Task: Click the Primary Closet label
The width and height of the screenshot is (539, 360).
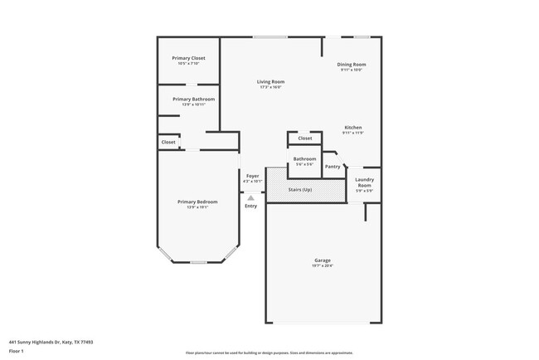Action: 188,58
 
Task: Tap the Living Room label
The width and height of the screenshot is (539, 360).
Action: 270,81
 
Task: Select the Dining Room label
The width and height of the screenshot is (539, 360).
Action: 352,64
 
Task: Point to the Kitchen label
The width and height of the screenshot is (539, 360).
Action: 354,127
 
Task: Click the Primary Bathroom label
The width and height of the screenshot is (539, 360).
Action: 188,99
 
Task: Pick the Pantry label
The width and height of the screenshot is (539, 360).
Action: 333,167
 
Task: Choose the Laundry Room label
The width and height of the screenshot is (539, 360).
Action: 364,182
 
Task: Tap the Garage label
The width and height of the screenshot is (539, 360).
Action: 323,260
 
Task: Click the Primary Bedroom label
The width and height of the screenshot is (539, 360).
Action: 197,202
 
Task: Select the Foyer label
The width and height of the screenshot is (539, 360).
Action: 252,176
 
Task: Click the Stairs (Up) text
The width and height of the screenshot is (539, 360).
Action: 300,190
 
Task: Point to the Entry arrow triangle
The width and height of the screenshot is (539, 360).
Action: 250,197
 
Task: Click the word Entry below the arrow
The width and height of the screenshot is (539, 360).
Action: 250,206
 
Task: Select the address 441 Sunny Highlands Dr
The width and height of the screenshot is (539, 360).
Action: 50,341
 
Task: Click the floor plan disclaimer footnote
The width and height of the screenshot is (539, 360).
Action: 269,353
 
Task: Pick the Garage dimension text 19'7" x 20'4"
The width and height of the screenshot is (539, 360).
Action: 323,266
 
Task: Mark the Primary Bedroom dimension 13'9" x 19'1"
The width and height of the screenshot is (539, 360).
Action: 197,207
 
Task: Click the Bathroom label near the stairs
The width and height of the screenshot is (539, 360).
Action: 304,158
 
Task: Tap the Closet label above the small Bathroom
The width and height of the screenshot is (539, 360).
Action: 305,138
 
